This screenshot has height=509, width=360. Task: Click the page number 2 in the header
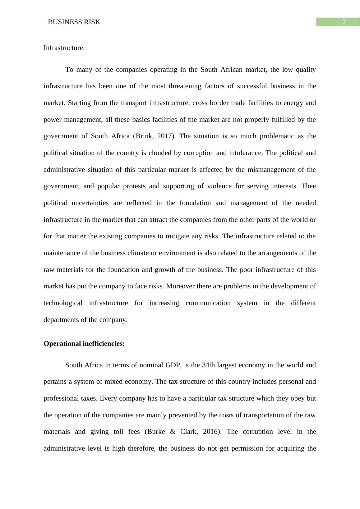tap(344, 22)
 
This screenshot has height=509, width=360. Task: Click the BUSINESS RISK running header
tap(74, 22)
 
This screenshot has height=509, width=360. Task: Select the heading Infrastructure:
tap(64, 48)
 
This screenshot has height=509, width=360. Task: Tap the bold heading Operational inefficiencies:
tap(84, 344)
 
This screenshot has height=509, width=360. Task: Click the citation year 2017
tap(164, 136)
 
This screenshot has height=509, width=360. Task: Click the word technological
tap(63, 303)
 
